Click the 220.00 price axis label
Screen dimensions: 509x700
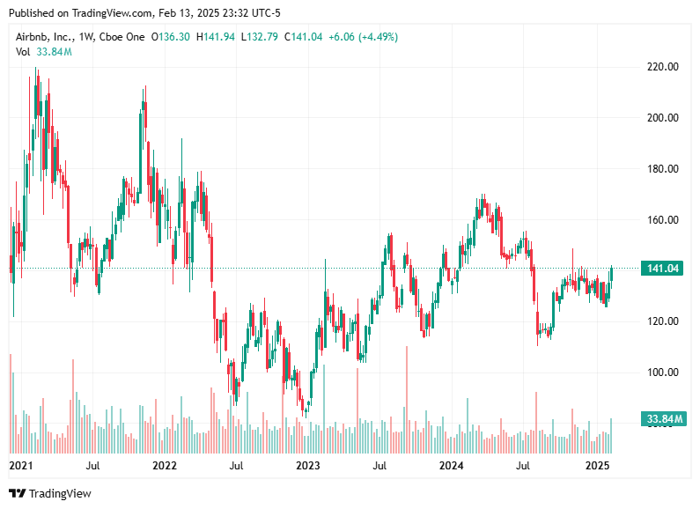[663, 66]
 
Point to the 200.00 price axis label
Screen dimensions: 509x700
[663, 117]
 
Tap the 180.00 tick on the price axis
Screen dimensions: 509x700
[663, 168]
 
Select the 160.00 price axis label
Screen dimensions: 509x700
[663, 219]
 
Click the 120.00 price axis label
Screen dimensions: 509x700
[663, 321]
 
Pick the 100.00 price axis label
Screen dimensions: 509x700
[663, 373]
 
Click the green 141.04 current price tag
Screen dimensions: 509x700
[663, 269]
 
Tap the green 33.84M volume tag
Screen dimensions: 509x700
[663, 418]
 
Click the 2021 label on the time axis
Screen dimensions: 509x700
[19, 464]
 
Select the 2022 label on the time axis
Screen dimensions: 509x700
[164, 464]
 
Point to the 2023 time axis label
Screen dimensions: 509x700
[307, 464]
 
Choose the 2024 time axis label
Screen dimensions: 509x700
[452, 464]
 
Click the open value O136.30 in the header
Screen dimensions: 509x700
[172, 37]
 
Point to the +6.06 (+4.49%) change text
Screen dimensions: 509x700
[364, 37]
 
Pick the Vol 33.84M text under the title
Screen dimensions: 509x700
[44, 52]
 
